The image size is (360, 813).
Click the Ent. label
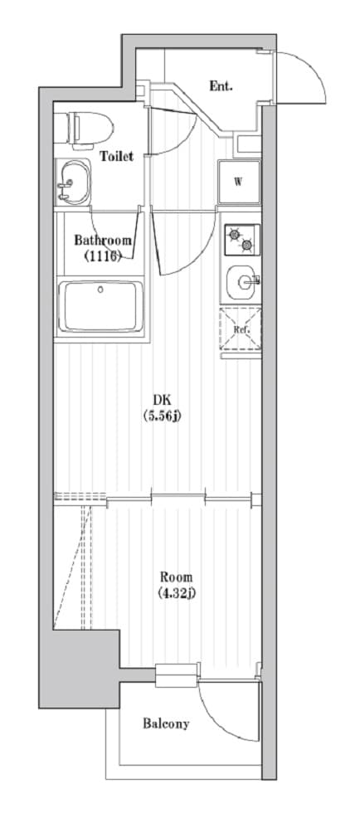pos(221,86)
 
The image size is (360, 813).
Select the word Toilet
pos(117,156)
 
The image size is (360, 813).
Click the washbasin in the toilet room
pos(73,182)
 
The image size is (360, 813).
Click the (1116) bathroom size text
pos(102,256)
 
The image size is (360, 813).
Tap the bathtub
pos(101,307)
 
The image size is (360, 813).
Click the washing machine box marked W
pos(239,182)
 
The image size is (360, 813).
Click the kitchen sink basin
pos(241,282)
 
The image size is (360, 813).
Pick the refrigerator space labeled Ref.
pos(241,329)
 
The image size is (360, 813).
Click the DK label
pos(161,400)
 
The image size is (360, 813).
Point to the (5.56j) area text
pos(161,416)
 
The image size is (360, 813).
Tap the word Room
pos(176,577)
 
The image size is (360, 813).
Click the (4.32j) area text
pos(176,593)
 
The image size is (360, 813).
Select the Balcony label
pos(166,723)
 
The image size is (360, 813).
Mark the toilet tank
pos(61,128)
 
